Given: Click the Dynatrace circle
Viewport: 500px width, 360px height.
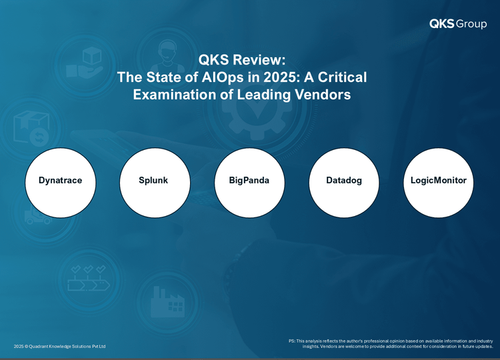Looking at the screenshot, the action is point(60,183).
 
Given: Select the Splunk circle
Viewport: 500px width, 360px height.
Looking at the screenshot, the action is point(155,183).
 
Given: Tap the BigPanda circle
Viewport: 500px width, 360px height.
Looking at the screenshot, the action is point(249,183).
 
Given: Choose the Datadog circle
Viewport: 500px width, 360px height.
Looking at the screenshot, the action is point(344,183).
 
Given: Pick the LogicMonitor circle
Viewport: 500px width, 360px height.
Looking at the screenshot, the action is point(439,183).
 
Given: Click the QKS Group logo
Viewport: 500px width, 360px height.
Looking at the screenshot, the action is point(458,24).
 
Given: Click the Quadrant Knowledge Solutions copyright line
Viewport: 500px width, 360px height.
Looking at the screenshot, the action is point(59,346).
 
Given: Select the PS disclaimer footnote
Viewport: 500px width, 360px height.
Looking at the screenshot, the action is point(391,344).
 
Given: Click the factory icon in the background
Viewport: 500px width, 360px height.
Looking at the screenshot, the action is point(167,302).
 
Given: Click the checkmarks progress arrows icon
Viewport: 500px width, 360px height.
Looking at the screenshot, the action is point(89,278).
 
